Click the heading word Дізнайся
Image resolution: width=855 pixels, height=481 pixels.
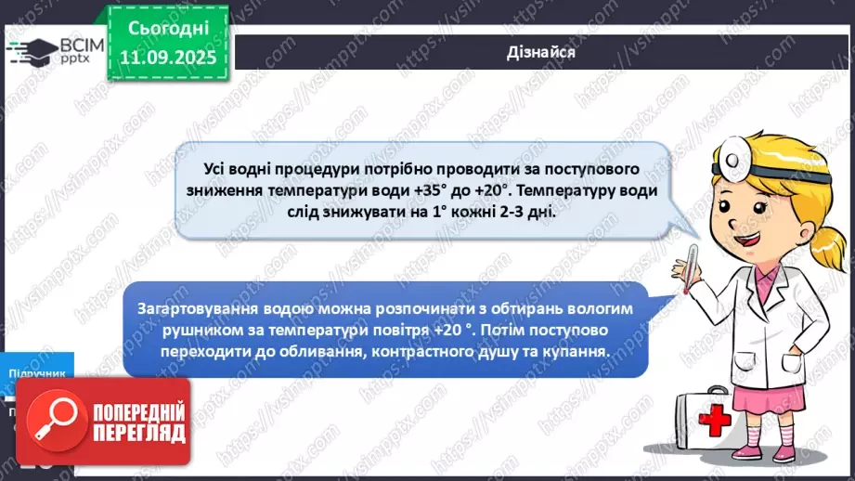(543, 52)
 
